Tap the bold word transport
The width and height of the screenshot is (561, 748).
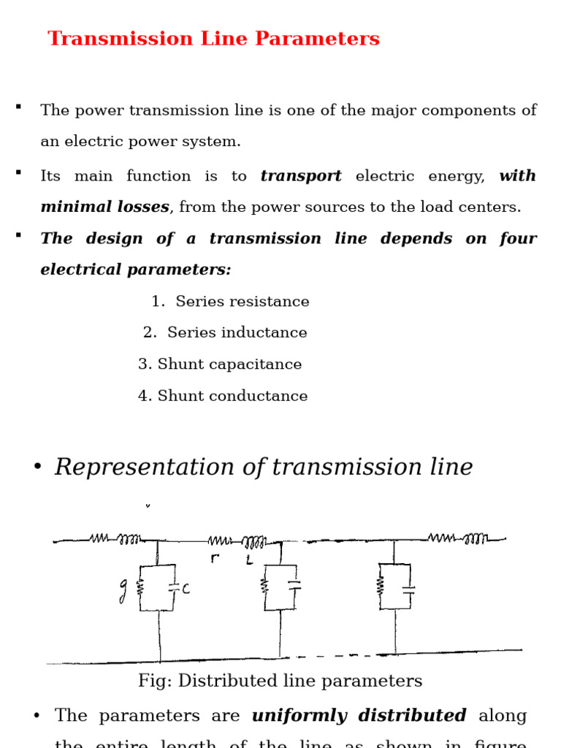tap(301, 176)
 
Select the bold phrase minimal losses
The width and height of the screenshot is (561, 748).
tap(104, 207)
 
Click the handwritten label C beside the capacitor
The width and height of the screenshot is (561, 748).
tap(186, 588)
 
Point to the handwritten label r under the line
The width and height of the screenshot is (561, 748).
tap(214, 559)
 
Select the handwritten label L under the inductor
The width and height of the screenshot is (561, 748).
tap(249, 560)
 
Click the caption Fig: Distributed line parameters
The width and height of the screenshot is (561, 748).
tap(280, 682)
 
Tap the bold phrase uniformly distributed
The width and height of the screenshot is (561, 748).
tap(359, 716)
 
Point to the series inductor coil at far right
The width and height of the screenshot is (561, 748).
tap(476, 539)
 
